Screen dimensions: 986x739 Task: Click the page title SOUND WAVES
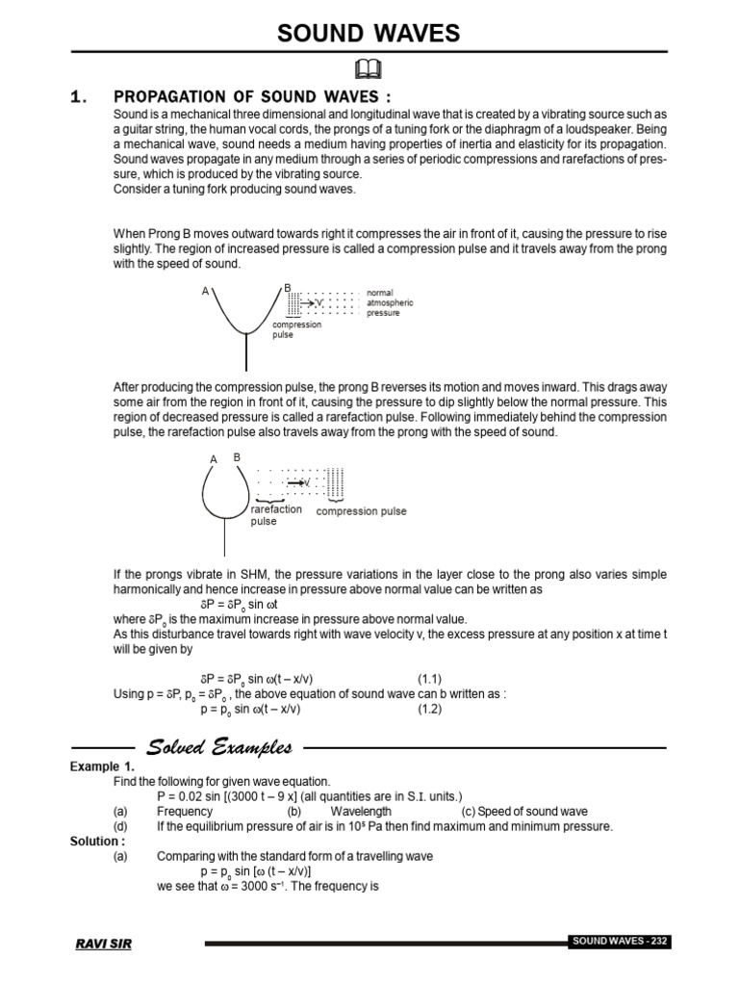click(369, 34)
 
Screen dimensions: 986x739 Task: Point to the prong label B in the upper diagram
click(287, 288)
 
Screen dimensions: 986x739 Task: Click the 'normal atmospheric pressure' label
click(389, 302)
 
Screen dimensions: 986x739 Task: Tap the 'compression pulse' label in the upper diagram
click(297, 330)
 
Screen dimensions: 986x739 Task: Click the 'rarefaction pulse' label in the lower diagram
click(276, 515)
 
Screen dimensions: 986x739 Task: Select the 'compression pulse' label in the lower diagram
click(361, 511)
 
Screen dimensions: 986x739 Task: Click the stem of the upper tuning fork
click(245, 351)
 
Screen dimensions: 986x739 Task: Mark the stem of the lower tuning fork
click(225, 539)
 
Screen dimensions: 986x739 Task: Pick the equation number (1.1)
click(429, 678)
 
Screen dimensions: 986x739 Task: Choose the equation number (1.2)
click(429, 709)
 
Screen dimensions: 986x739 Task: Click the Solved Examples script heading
click(218, 747)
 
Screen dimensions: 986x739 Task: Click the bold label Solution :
click(97, 841)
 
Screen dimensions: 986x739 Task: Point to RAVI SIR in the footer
click(104, 944)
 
